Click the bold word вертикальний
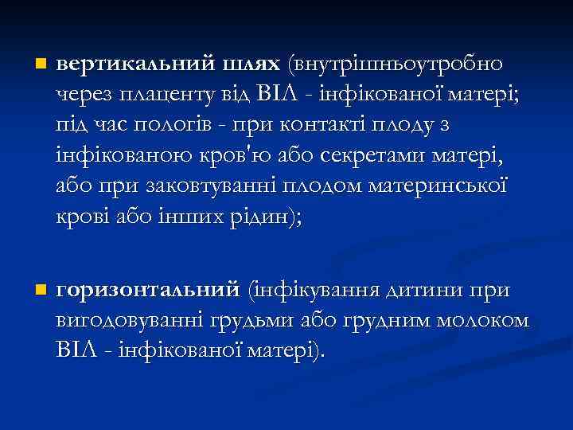pyautogui.click(x=127, y=63)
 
